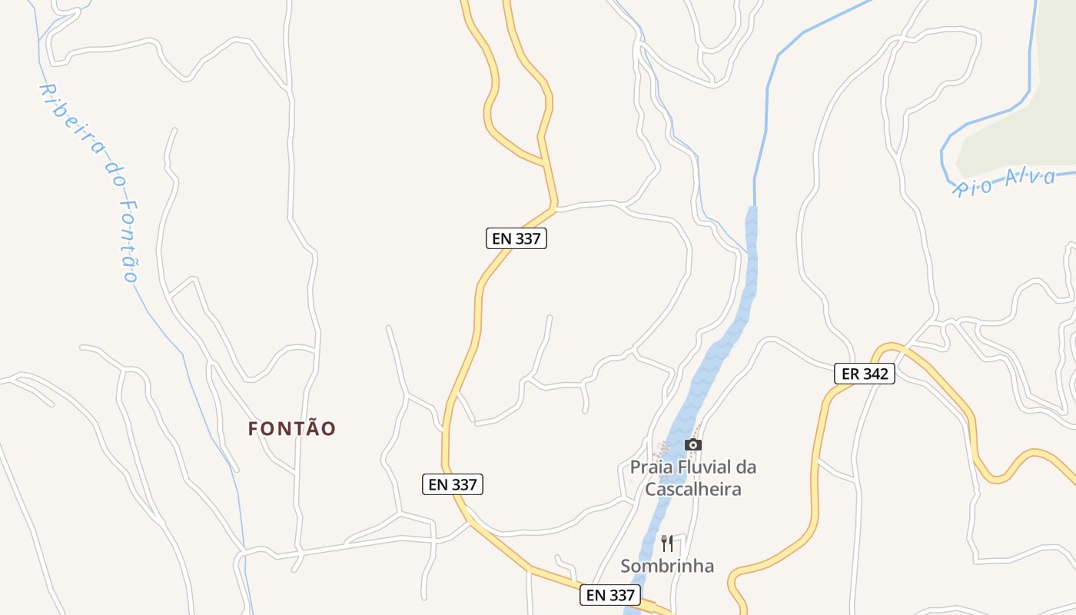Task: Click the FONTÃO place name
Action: [x=292, y=429]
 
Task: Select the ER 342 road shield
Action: [x=865, y=374]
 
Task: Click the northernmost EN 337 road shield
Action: [x=516, y=238]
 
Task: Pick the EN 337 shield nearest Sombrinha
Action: [x=610, y=594]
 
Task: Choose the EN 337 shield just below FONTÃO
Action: [x=453, y=484]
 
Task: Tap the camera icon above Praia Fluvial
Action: [x=693, y=444]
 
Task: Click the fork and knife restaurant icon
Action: [x=667, y=544]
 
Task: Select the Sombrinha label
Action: [x=667, y=567]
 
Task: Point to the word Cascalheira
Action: [x=693, y=489]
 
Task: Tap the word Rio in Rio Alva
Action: [x=973, y=187]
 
